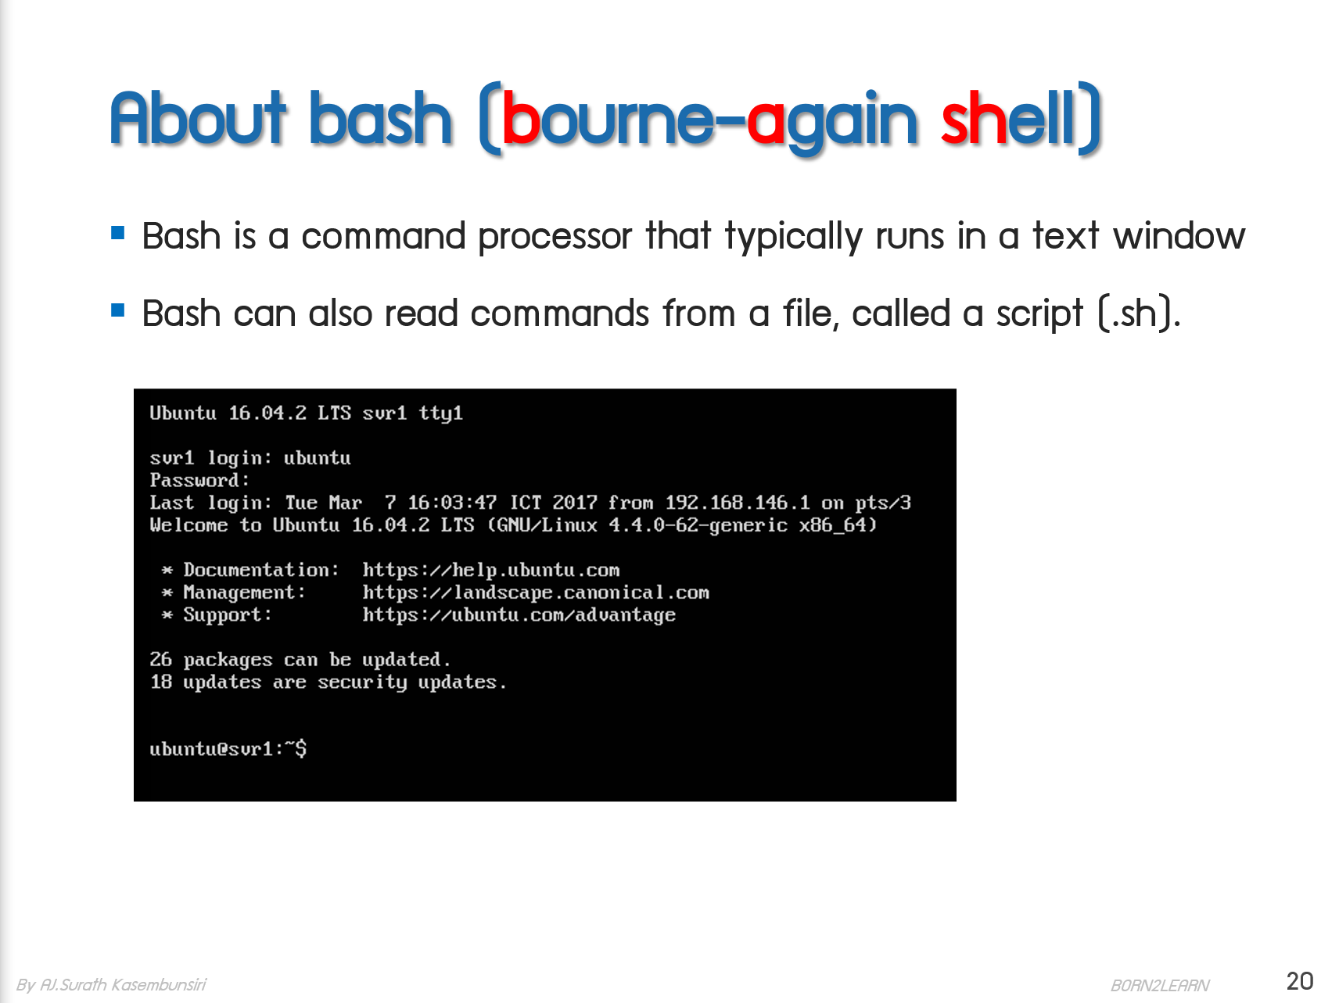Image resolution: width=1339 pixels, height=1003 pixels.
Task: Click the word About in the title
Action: [x=199, y=119]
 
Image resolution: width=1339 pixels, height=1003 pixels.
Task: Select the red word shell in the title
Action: [x=1009, y=119]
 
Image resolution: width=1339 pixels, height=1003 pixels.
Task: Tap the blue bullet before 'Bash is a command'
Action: [x=118, y=232]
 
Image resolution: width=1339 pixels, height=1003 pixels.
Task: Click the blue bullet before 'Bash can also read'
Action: [x=118, y=310]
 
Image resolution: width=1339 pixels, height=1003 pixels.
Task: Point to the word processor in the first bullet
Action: [x=555, y=237]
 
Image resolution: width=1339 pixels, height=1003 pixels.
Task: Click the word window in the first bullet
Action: [x=1179, y=235]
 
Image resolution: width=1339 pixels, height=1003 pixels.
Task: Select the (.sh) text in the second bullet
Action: [x=1139, y=313]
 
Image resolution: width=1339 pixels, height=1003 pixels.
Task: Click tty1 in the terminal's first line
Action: [x=440, y=413]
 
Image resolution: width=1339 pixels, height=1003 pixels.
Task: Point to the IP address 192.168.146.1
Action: [x=737, y=503]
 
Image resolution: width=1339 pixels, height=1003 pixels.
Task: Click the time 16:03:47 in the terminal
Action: [x=452, y=503]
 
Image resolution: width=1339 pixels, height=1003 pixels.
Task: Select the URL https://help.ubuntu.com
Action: [x=490, y=570]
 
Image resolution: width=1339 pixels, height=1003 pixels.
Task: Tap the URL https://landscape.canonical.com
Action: [x=535, y=593]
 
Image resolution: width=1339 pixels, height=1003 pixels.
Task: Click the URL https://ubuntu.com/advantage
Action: [x=519, y=615]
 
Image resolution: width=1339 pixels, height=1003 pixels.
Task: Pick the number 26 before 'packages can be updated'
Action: [x=160, y=660]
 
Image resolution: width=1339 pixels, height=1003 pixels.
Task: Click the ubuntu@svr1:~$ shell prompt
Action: [x=228, y=749]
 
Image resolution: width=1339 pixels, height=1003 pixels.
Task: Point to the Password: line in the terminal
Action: [x=199, y=480]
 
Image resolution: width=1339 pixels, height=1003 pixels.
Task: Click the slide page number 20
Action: [x=1299, y=981]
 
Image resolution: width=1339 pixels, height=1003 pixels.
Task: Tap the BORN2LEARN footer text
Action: [x=1160, y=985]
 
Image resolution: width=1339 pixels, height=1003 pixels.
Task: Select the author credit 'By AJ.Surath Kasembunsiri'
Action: [x=111, y=984]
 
